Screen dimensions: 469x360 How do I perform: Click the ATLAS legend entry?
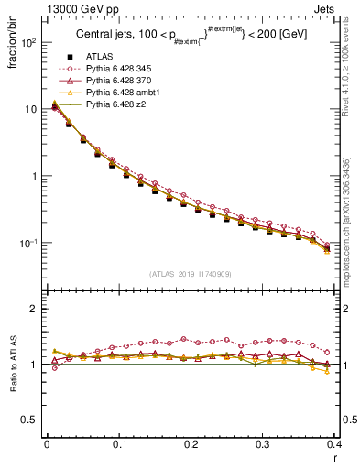pyautogui.click(x=99, y=58)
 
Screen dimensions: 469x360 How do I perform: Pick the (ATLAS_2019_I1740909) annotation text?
pyautogui.click(x=190, y=274)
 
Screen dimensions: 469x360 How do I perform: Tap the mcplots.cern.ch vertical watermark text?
pyautogui.click(x=352, y=229)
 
